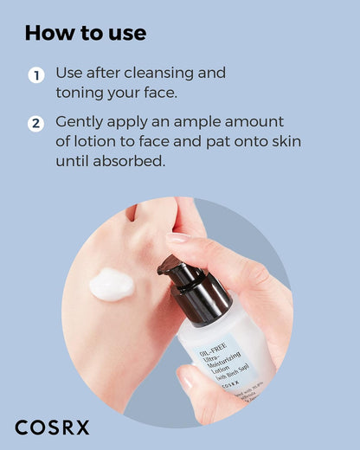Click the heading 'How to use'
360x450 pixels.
pos(85,34)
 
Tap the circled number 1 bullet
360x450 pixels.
pos(35,75)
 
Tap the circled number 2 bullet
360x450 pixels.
pos(35,123)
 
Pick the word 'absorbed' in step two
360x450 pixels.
pos(134,160)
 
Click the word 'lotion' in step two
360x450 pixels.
pos(96,141)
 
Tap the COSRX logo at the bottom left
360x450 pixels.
pos(52,427)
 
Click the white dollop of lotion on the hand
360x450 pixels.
pos(111,285)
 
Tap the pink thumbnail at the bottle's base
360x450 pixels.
pos(187,378)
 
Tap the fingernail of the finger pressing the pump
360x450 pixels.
pos(178,237)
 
